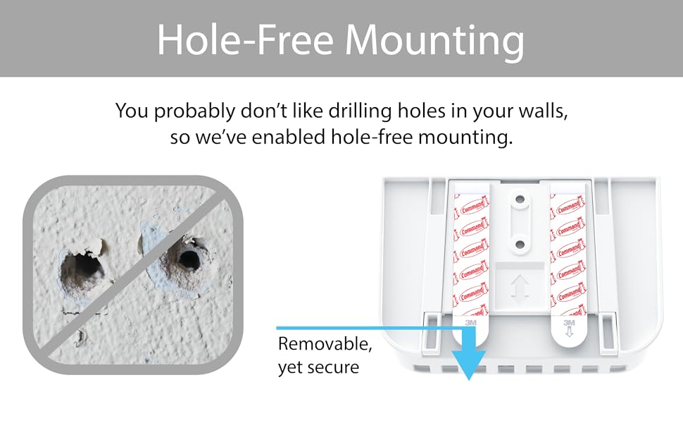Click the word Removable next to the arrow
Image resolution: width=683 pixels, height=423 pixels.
(x=325, y=345)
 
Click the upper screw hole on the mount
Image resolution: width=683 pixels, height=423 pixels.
(x=520, y=200)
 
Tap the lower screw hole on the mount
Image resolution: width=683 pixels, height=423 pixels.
(x=520, y=244)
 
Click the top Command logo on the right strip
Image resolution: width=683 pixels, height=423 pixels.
(x=568, y=209)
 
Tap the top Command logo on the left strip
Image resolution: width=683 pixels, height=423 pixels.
(x=469, y=209)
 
